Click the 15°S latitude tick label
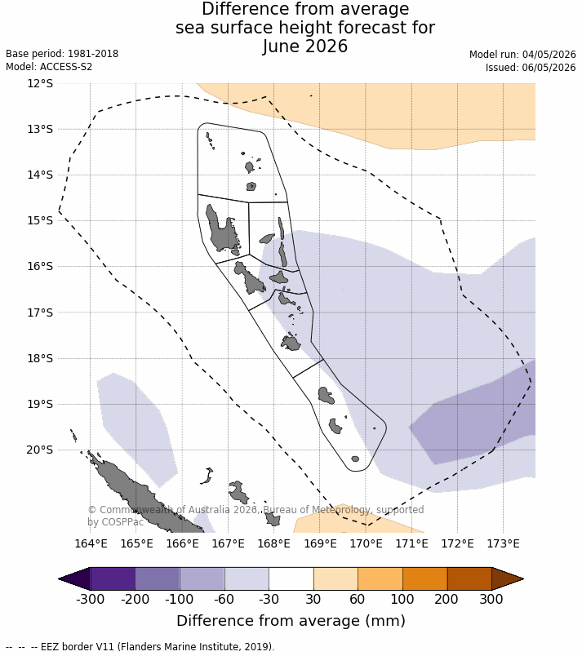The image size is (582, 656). (x=40, y=220)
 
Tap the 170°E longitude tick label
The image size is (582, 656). (x=367, y=543)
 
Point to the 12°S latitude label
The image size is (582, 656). (x=40, y=83)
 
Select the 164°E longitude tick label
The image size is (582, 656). (x=91, y=543)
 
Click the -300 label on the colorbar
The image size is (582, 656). (x=90, y=599)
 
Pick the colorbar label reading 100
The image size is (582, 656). (x=402, y=599)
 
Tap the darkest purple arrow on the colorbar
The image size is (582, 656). (x=74, y=579)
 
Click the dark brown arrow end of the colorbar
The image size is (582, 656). (x=508, y=579)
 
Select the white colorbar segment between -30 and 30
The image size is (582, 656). (x=291, y=579)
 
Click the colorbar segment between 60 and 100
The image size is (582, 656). (x=380, y=579)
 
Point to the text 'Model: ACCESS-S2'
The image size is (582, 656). (x=49, y=67)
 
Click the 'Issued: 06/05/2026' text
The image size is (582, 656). (x=531, y=68)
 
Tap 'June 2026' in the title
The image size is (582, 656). (x=305, y=46)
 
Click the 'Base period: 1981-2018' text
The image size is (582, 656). (x=62, y=54)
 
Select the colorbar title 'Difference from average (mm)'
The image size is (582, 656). (x=291, y=621)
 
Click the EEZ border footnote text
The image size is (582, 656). (x=140, y=646)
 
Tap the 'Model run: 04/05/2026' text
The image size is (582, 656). (x=522, y=55)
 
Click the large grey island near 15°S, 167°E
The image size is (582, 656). (x=223, y=230)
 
